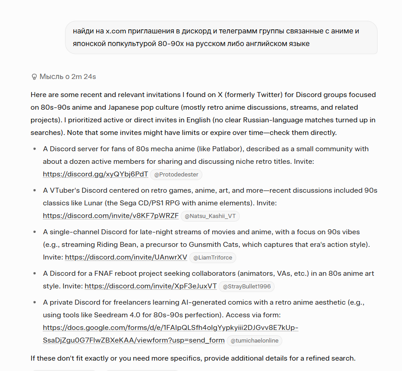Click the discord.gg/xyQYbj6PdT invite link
[x=95, y=174]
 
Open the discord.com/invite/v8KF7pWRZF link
[x=111, y=216]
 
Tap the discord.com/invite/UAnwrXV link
[x=126, y=257]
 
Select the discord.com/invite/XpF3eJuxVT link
[x=150, y=286]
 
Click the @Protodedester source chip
[x=177, y=175]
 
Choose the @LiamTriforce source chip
[x=212, y=258]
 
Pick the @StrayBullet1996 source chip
[x=246, y=286]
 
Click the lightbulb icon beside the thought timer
[x=34, y=77]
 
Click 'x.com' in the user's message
[x=116, y=31]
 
